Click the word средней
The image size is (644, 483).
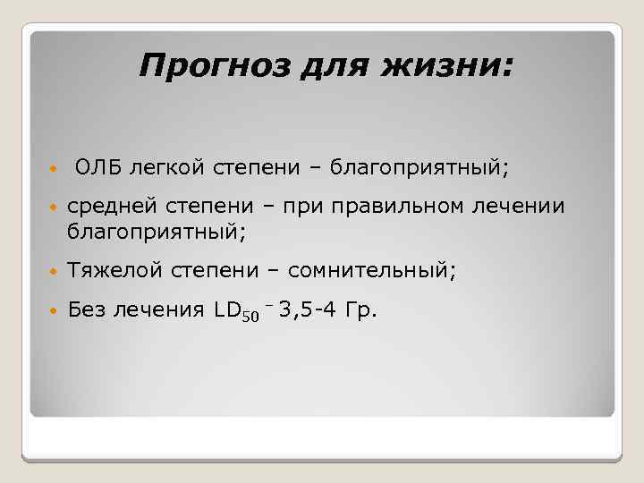coord(107,208)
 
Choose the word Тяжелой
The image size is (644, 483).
coord(109,269)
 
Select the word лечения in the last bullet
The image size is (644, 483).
coord(158,310)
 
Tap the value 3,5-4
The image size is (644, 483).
coord(309,310)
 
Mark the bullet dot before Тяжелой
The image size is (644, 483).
coord(53,270)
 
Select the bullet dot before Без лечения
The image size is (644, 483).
coord(53,311)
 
